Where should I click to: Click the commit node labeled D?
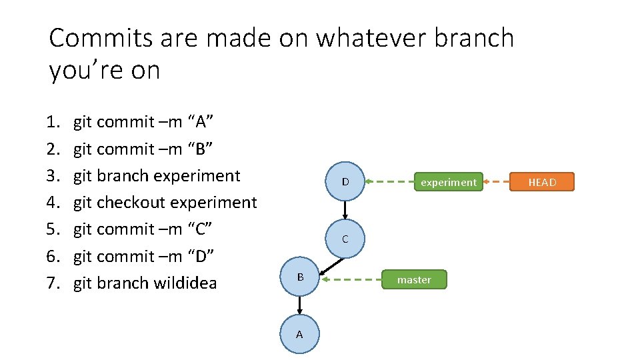pos(345,182)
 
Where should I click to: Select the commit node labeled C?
pos(345,239)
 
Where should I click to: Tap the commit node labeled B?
pos(300,277)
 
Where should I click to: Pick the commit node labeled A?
pos(299,334)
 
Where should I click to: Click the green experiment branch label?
pos(448,182)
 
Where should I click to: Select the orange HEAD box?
pos(541,182)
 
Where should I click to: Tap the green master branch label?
pos(414,279)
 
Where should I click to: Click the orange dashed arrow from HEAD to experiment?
pos(497,182)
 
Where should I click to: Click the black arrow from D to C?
pos(345,210)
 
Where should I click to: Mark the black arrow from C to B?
pos(331,264)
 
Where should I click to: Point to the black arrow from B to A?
pos(300,305)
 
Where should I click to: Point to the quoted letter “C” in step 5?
pos(199,229)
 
